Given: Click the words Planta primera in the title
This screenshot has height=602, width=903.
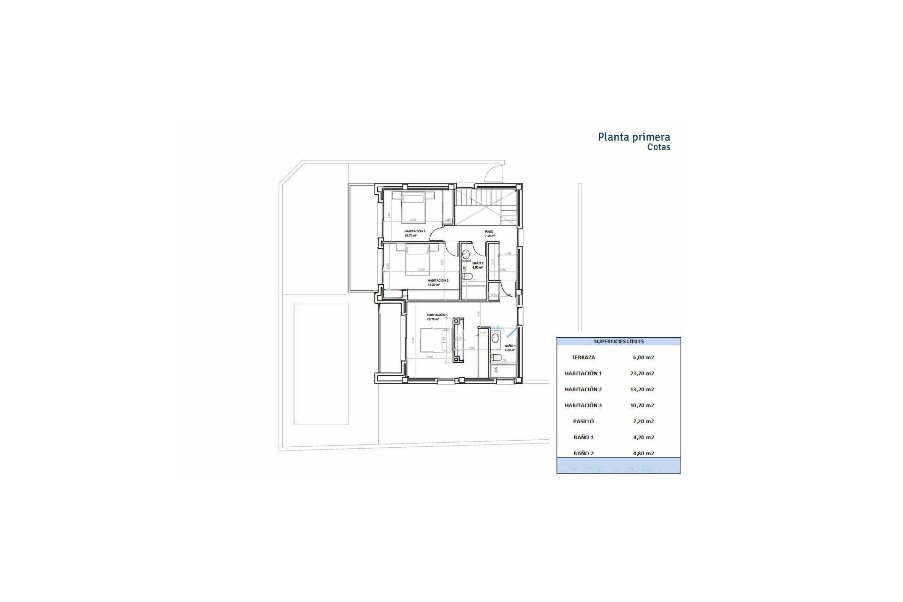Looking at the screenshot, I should (634, 137).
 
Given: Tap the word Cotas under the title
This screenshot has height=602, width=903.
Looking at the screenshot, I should (658, 147).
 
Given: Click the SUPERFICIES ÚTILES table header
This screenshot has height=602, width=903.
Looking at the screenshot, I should (618, 341).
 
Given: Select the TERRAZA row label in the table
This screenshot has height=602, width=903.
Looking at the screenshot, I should (583, 357).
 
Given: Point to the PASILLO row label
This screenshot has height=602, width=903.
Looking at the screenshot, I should (583, 421).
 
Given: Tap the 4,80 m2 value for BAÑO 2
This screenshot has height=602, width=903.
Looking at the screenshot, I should (643, 453).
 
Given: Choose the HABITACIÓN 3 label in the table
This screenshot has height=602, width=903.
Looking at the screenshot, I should (583, 405).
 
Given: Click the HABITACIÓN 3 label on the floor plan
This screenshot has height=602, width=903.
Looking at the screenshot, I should (414, 231).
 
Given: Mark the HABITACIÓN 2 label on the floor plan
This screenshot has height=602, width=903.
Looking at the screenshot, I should (438, 280).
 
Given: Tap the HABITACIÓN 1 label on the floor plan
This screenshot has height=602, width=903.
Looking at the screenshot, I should (437, 315).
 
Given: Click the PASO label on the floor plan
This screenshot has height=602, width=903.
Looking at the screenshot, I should (490, 232).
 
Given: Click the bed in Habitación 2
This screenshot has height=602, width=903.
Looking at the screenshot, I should (419, 259).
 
